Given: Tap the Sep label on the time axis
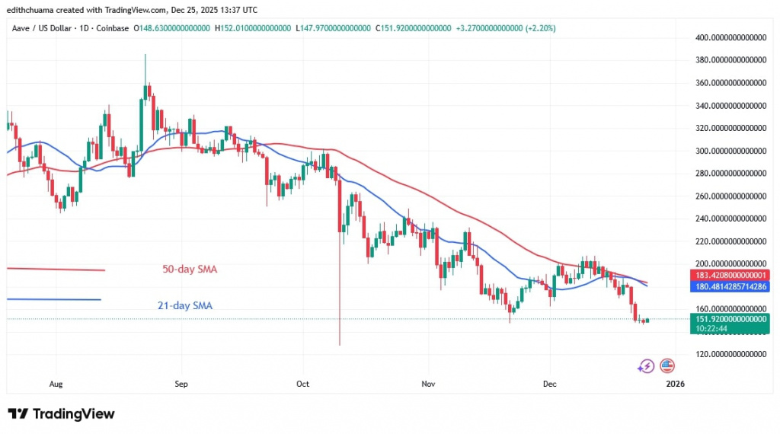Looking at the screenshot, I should click(181, 385).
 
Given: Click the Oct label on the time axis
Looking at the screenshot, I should click(302, 385).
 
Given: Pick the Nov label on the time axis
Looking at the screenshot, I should click(427, 385).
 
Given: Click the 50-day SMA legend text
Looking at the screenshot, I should click(189, 270).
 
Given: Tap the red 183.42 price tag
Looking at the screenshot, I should click(729, 274).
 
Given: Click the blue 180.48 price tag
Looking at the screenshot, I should click(729, 286).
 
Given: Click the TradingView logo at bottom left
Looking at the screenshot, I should click(61, 414).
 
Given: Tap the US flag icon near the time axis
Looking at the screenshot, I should click(668, 366).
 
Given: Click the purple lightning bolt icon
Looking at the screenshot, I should click(646, 366).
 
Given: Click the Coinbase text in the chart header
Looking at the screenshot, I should click(112, 28).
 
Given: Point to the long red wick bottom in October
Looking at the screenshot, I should click(339, 345).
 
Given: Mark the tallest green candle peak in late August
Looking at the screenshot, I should click(145, 55).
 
